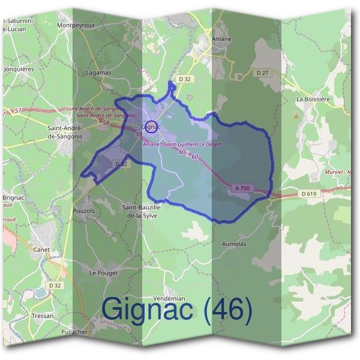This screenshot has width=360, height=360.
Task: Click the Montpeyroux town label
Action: (x=76, y=25)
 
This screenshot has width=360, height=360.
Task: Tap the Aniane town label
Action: (x=221, y=38)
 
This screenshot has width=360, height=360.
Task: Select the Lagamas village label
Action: (x=98, y=73)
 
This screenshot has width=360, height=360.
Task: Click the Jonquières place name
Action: (x=19, y=69)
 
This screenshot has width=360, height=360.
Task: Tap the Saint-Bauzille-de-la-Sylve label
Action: (x=142, y=211)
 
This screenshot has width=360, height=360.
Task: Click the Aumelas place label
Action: (x=234, y=245)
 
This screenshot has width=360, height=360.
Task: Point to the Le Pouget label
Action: (x=103, y=272)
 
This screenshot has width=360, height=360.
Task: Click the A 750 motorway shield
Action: (x=242, y=188)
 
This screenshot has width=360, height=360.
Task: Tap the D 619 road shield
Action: (x=308, y=193)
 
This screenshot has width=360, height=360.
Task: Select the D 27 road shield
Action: (x=262, y=73)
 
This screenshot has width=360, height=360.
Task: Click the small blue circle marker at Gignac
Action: (x=152, y=127)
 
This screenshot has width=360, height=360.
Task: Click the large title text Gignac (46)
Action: (x=177, y=310)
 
